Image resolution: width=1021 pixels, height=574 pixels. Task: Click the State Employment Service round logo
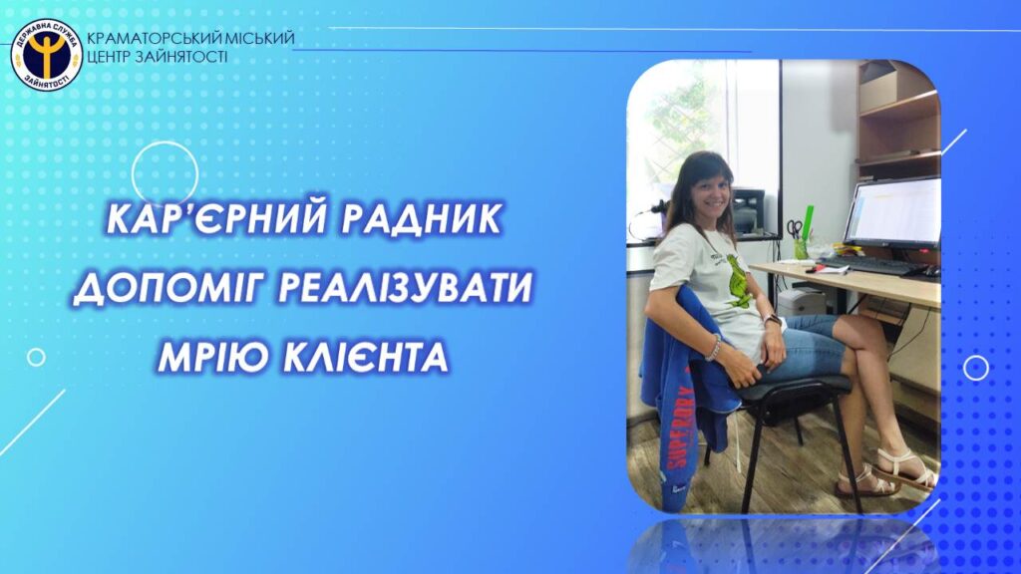(46, 55)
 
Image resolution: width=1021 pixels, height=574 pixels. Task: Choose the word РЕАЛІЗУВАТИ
(405, 288)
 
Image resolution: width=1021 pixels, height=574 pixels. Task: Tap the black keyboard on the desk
(871, 264)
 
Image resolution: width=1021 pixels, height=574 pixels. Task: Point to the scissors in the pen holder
(794, 229)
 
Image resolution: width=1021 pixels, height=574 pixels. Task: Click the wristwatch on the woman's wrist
(773, 320)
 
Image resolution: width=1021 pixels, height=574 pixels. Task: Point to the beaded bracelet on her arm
(714, 347)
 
